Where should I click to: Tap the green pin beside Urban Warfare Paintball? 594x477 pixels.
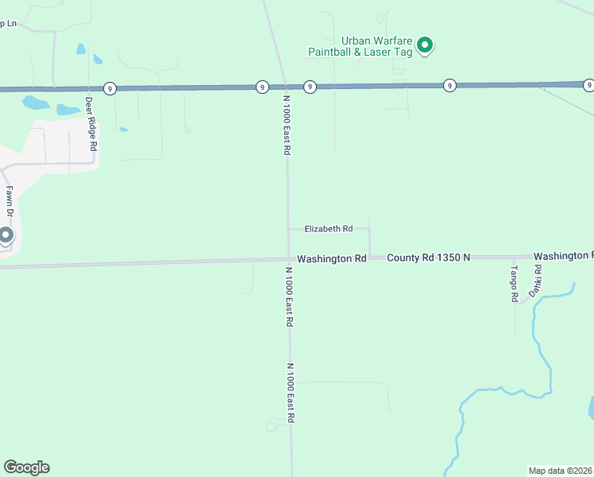pyautogui.click(x=425, y=45)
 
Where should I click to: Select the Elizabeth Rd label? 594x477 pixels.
pyautogui.click(x=329, y=229)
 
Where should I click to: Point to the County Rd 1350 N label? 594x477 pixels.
pyautogui.click(x=429, y=258)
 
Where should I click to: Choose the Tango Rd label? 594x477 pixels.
pyautogui.click(x=514, y=283)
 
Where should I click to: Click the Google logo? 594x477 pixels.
pyautogui.click(x=26, y=467)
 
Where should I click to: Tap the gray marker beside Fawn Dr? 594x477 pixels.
pyautogui.click(x=6, y=235)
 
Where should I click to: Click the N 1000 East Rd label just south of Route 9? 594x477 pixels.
pyautogui.click(x=287, y=126)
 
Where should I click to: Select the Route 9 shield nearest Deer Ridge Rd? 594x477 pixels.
pyautogui.click(x=108, y=87)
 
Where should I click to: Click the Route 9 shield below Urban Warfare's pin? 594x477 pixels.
pyautogui.click(x=449, y=85)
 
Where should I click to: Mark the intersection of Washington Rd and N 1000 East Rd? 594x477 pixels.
pyautogui.click(x=289, y=258)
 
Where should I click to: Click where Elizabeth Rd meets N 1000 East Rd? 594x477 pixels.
pyautogui.click(x=288, y=229)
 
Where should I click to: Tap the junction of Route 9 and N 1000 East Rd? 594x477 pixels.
pyautogui.click(x=286, y=86)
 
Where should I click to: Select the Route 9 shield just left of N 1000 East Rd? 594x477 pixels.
pyautogui.click(x=262, y=87)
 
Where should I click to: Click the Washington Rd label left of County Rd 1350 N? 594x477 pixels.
pyautogui.click(x=331, y=258)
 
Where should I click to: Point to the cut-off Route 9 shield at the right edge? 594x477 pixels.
pyautogui.click(x=588, y=84)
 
